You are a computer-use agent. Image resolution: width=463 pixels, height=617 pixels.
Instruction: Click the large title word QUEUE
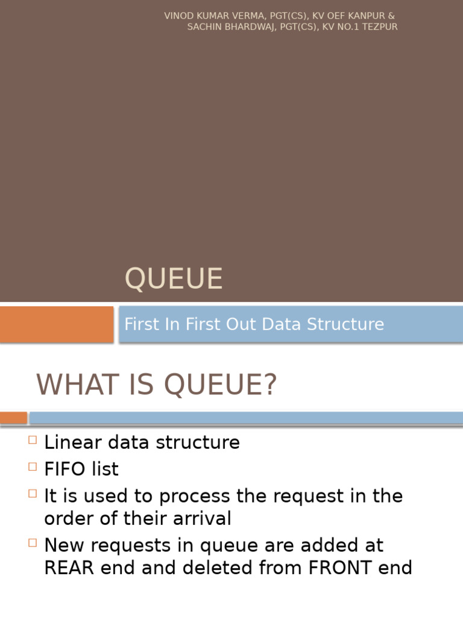pos(174,279)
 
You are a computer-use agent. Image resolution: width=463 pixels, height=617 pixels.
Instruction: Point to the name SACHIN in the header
pos(203,27)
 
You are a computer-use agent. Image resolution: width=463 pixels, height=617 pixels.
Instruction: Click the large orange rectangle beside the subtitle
pos(57,324)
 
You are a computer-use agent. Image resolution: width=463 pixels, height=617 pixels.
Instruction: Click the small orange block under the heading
pos(13,418)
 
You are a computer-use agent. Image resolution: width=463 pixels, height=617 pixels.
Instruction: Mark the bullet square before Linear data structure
pos(33,440)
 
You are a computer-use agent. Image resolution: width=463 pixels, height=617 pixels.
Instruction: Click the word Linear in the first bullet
pos(68,443)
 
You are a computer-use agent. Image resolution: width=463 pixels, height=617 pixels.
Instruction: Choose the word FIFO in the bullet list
pos(65,469)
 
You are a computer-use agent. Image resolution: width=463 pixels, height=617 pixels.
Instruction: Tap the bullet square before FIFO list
pos(33,466)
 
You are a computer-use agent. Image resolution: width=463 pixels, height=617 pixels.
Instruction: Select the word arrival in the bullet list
pos(201,518)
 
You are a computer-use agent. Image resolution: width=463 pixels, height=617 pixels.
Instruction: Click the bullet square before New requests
pos(33,543)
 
